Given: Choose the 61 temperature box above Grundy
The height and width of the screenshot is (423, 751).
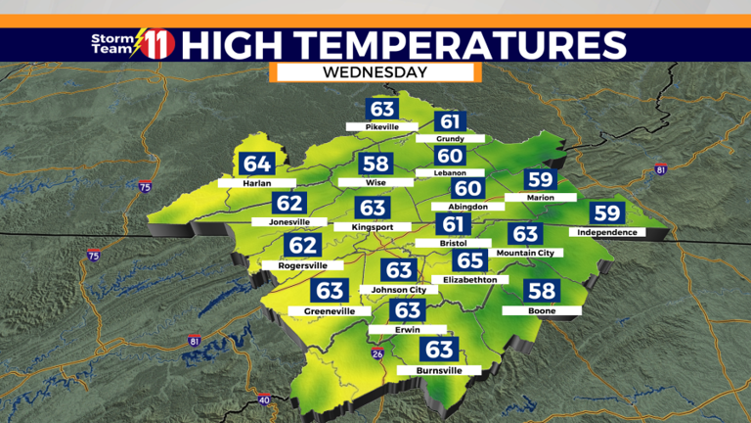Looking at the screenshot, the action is [x=450, y=122].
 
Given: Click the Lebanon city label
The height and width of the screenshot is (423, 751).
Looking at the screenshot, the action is [x=450, y=172].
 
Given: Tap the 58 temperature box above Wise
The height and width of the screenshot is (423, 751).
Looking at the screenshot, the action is [x=375, y=164].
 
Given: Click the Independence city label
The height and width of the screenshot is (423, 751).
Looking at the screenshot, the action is [x=607, y=232].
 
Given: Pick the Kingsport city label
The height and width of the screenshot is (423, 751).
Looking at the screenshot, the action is [x=371, y=226].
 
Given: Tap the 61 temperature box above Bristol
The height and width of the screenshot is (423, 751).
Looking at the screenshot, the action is [x=450, y=226].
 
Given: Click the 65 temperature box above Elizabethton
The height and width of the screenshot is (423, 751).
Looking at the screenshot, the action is [x=470, y=261].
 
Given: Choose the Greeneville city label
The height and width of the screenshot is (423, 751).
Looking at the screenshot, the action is [x=329, y=310].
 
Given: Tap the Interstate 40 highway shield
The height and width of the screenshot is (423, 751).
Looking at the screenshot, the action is [x=264, y=400].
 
